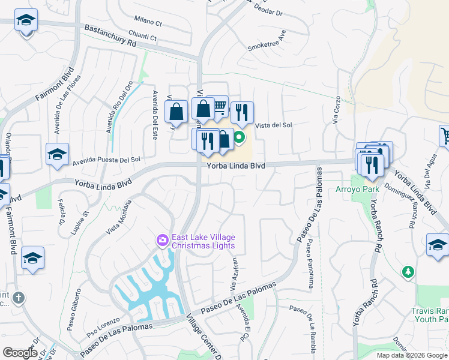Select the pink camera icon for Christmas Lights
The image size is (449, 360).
tap(162, 241)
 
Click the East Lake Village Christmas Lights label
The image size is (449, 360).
tap(203, 241)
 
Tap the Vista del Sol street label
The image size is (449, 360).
tap(274, 125)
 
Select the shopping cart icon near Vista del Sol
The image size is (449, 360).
tap(219, 107)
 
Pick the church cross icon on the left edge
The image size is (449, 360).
tap(19, 298)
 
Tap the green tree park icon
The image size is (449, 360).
tap(408, 272)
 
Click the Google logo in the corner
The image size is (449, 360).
tap(20, 353)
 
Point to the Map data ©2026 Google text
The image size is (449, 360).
tap(412, 355)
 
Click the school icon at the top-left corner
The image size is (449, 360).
tap(26, 22)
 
